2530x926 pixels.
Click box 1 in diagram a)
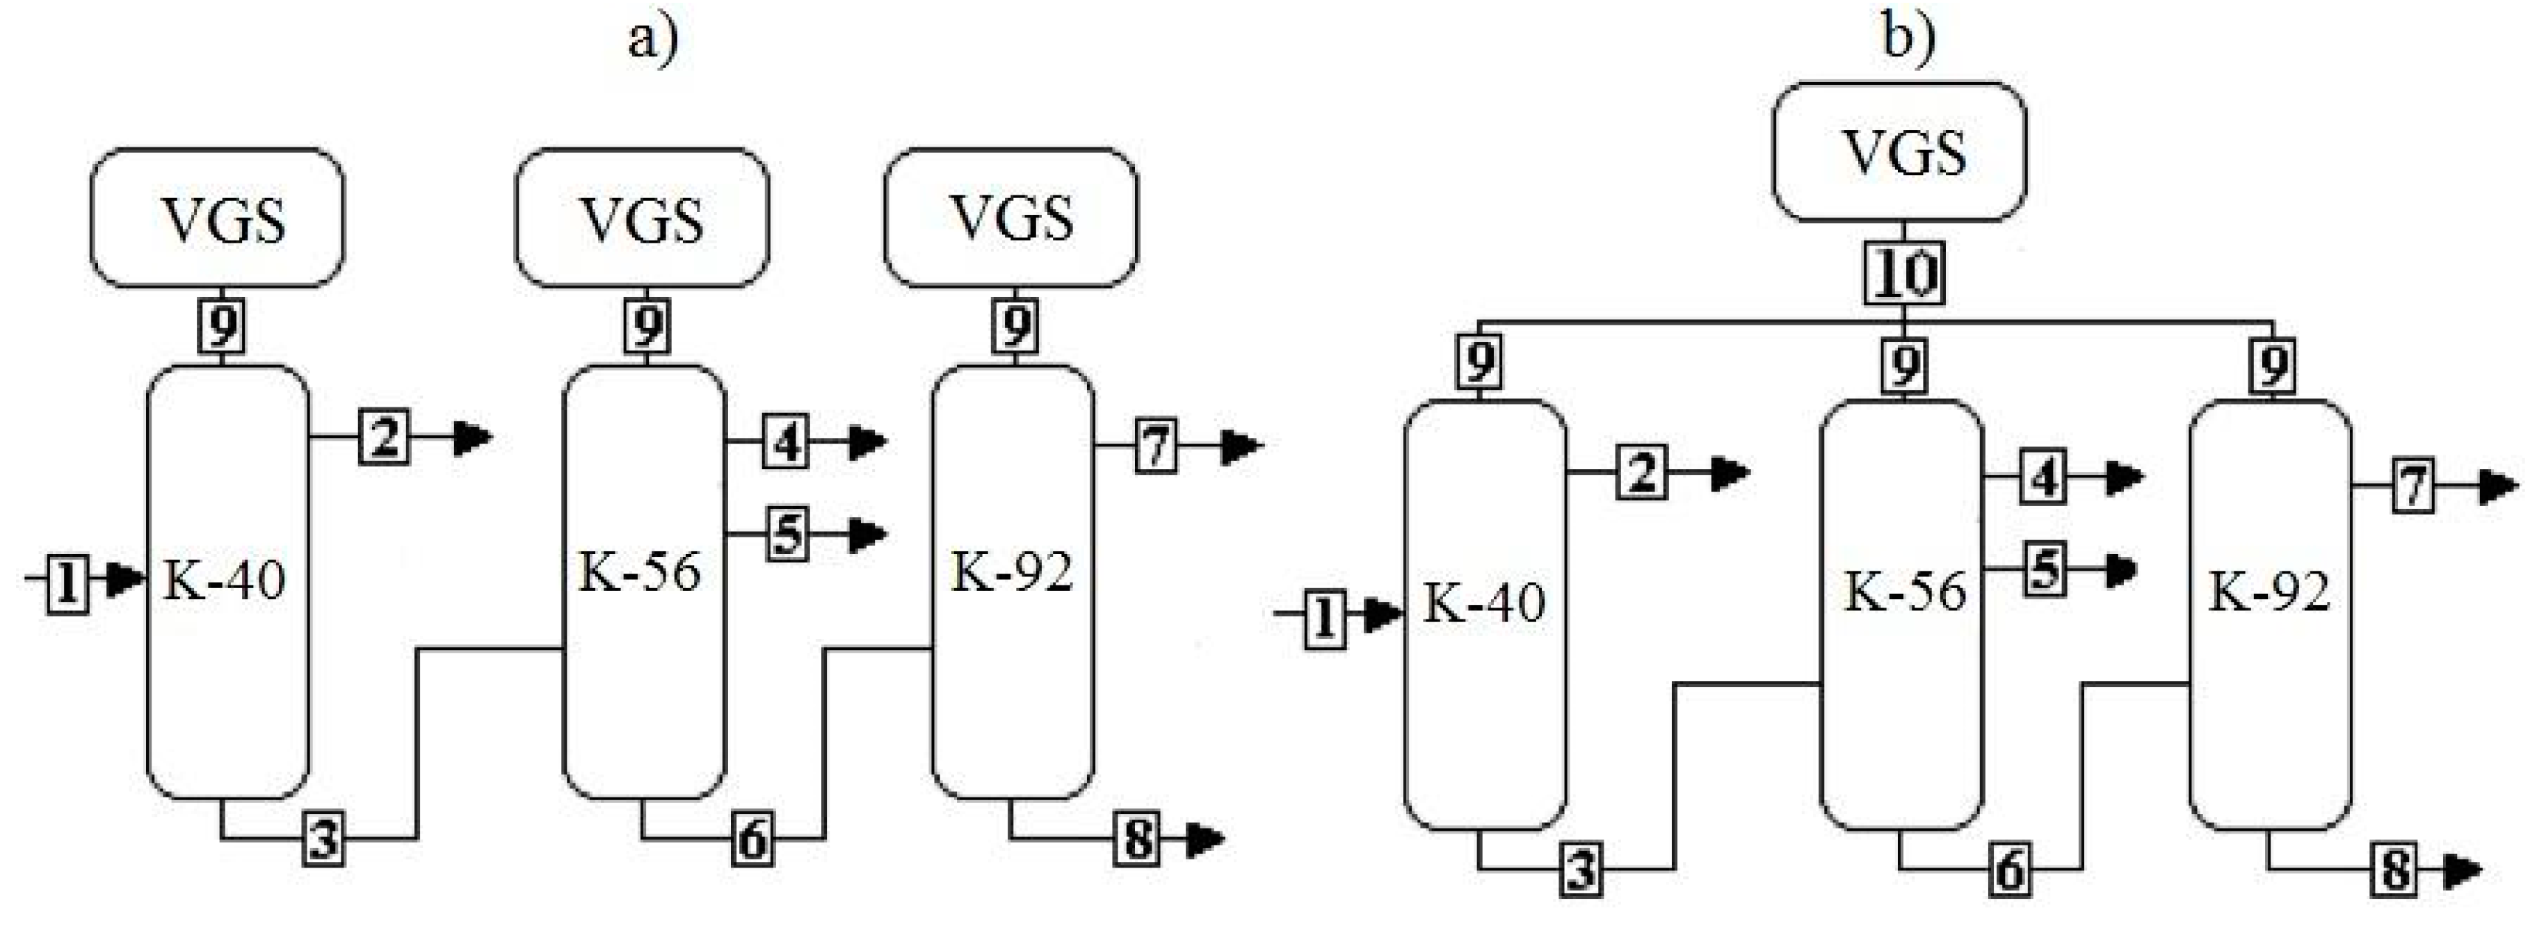[x=67, y=583]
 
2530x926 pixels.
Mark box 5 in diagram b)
[x=2045, y=569]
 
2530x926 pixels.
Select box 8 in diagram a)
[x=1137, y=840]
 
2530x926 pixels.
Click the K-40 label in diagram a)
[x=224, y=579]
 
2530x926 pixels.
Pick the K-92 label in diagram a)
[x=1012, y=571]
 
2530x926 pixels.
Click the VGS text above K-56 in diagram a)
[x=643, y=220]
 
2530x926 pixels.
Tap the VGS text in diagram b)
[x=1904, y=152]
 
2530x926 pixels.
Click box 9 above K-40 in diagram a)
[x=223, y=326]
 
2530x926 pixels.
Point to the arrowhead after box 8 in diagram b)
[x=2463, y=870]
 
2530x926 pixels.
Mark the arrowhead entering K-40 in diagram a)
[x=124, y=579]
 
